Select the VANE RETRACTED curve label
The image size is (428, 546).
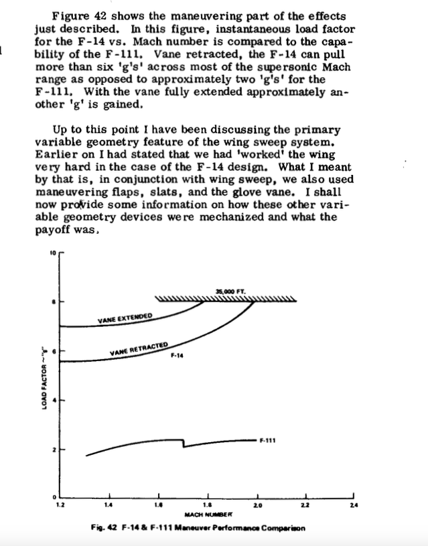pyautogui.click(x=139, y=348)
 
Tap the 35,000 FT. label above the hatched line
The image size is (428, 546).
pyautogui.click(x=231, y=291)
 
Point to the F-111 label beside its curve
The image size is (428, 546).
pyautogui.click(x=269, y=440)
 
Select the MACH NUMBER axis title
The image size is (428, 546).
pyautogui.click(x=207, y=514)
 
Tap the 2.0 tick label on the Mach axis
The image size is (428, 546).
pyautogui.click(x=257, y=504)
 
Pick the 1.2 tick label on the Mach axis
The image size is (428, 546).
pyautogui.click(x=60, y=504)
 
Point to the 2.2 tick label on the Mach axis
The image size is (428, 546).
pyautogui.click(x=306, y=504)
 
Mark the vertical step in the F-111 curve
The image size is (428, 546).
pyautogui.click(x=184, y=443)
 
